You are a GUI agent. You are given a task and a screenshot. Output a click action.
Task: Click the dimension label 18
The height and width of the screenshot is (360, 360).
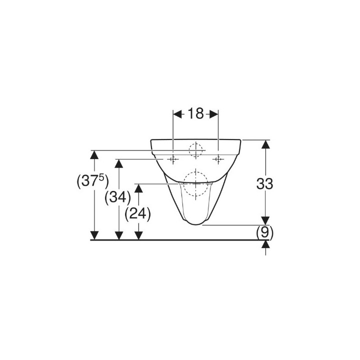[195, 113]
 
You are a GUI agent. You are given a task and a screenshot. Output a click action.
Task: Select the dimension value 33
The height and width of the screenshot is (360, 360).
[264, 183]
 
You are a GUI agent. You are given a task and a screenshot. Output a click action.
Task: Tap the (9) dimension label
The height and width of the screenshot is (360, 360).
[264, 233]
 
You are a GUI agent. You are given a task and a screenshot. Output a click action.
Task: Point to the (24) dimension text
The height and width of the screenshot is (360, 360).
[138, 214]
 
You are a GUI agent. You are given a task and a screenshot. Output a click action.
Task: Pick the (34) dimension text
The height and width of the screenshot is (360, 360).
[118, 197]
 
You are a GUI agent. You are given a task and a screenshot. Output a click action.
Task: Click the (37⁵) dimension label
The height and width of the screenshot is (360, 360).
[92, 181]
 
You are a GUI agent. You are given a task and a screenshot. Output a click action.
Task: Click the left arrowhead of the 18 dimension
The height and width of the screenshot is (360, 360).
[177, 114]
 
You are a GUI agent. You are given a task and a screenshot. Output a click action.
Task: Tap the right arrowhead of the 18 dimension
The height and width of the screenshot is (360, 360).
[214, 114]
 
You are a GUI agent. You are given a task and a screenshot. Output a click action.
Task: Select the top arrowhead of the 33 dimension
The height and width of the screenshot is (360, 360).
[265, 144]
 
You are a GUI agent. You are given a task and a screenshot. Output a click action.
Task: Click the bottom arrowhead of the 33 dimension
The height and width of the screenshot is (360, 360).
[265, 220]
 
